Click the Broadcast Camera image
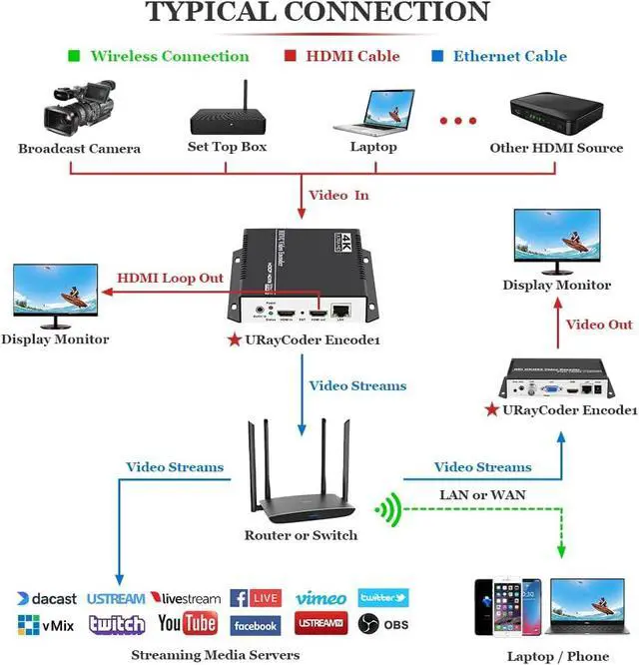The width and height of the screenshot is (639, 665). tap(78, 111)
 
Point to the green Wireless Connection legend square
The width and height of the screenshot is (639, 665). tap(73, 56)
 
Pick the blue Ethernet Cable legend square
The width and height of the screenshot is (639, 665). tap(436, 56)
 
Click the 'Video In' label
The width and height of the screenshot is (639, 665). tap(338, 195)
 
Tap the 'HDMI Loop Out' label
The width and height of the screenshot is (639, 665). tap(171, 278)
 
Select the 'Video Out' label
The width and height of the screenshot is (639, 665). tap(599, 325)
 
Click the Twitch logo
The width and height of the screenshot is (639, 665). tap(117, 625)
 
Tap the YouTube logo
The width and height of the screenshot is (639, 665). tap(188, 625)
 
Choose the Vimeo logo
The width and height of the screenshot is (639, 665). tap(320, 598)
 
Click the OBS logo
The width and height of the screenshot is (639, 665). tap(383, 625)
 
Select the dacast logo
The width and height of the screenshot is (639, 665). tap(46, 599)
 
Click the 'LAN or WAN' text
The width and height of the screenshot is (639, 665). tap(482, 494)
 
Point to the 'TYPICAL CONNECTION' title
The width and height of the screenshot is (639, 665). tap(319, 13)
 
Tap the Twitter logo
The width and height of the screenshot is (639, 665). tap(382, 597)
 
